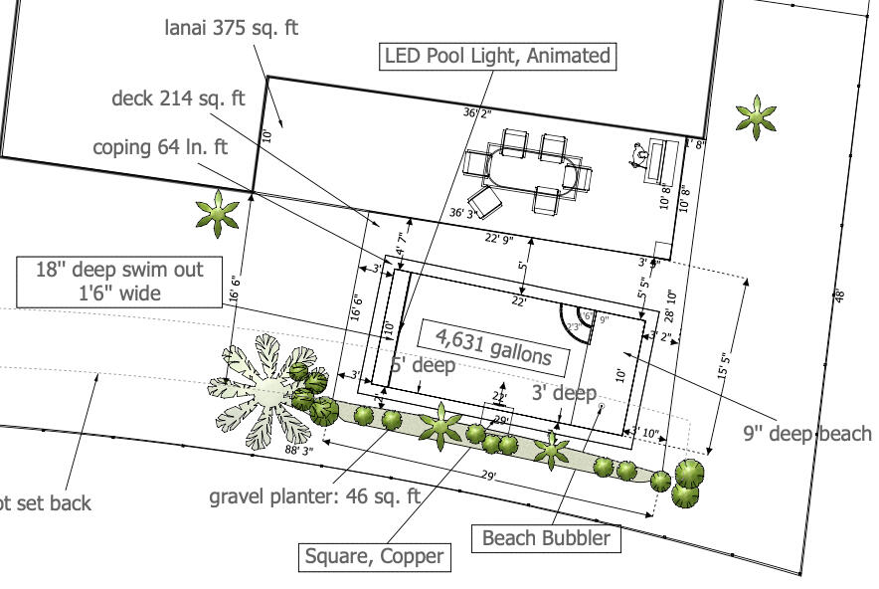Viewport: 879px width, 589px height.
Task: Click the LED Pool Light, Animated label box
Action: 497,56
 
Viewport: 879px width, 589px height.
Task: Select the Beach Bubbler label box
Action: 546,538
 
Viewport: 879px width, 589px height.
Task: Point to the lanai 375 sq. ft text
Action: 231,28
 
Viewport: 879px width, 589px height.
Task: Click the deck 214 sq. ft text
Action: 178,98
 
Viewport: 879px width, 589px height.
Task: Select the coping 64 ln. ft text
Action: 160,147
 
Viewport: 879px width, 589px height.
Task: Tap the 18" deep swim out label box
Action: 119,281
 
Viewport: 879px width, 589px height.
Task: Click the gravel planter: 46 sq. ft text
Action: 314,494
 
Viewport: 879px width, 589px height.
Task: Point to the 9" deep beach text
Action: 806,433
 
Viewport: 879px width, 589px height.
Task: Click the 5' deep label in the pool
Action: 423,365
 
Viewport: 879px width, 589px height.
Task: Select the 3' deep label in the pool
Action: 564,393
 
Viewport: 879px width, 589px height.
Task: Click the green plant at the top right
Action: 756,117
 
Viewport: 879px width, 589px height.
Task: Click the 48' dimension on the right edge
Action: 838,294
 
